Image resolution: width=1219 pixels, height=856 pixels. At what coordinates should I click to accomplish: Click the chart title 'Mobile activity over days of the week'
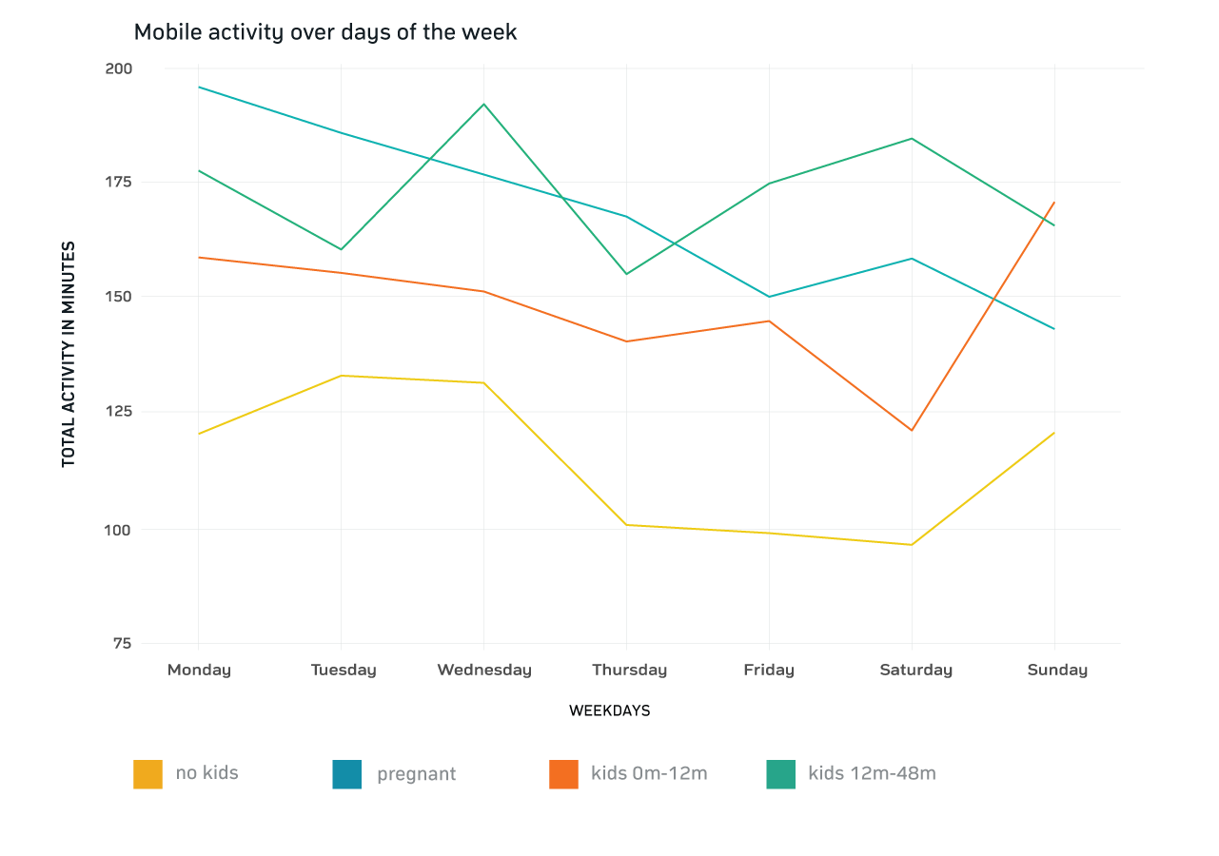[x=325, y=32]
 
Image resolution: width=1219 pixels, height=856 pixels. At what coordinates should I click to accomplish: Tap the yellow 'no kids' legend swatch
[x=147, y=774]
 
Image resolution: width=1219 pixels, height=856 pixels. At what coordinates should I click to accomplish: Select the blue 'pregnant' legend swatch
[x=347, y=774]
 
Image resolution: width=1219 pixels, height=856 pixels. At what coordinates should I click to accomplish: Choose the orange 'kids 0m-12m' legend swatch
[x=564, y=774]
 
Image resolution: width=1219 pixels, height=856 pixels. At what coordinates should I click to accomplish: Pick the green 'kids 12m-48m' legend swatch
[x=781, y=774]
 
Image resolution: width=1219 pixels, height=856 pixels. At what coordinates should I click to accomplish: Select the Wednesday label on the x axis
[x=483, y=670]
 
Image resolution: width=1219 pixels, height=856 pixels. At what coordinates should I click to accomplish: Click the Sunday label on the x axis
[x=1056, y=670]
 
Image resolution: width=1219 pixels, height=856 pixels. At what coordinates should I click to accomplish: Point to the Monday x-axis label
[x=199, y=670]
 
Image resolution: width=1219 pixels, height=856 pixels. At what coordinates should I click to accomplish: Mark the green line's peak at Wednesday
[x=483, y=104]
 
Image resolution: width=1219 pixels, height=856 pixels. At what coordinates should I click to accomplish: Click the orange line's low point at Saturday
[x=912, y=431]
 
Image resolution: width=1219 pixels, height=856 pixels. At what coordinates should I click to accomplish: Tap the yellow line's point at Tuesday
[x=341, y=376]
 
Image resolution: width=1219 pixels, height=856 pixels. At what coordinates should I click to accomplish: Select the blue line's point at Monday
[x=198, y=88]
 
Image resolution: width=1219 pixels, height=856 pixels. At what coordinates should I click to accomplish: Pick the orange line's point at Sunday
[x=1054, y=202]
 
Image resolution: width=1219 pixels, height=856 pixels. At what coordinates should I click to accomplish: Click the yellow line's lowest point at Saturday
[x=912, y=545]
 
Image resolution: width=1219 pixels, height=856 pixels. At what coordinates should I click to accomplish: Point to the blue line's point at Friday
[x=769, y=297]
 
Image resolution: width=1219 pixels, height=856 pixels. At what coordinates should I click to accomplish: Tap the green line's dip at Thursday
[x=626, y=274]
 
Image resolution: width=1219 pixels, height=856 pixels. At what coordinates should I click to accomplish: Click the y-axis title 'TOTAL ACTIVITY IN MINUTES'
[x=69, y=354]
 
